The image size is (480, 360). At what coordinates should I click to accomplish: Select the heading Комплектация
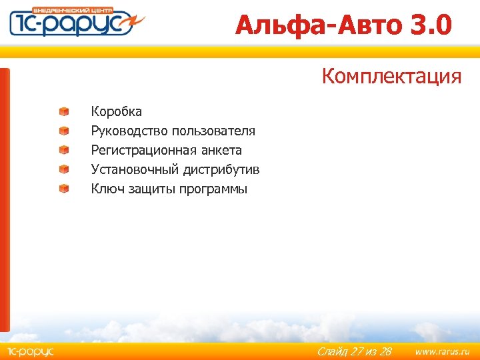coord(391,77)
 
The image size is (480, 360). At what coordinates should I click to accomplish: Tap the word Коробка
coord(116,111)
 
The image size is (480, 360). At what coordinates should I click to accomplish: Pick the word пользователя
coord(213,131)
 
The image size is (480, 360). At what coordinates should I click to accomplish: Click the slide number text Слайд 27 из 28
coord(354,351)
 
